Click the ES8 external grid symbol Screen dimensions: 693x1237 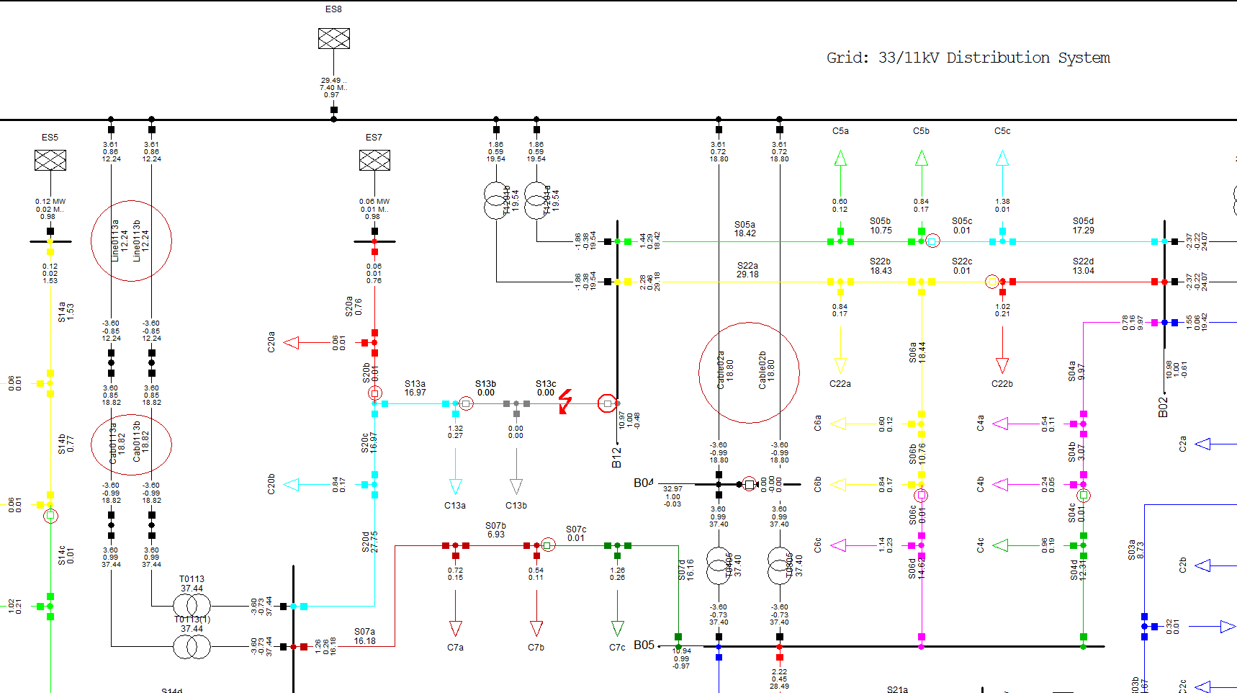point(334,38)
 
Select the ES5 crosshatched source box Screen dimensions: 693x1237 point(50,160)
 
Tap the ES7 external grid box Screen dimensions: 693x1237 point(374,160)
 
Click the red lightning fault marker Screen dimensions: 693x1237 point(565,401)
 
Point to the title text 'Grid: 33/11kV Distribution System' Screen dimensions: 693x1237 point(968,58)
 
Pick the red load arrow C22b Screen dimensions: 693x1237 point(1002,365)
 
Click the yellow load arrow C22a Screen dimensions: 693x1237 point(840,365)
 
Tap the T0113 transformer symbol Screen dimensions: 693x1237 point(192,606)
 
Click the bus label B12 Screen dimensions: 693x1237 point(616,457)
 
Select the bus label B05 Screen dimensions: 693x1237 point(644,645)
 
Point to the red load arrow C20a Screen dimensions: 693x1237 point(292,343)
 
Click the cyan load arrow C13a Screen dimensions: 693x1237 point(455,486)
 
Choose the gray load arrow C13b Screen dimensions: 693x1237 point(516,486)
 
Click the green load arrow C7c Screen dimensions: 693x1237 point(617,627)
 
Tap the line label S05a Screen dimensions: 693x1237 point(745,225)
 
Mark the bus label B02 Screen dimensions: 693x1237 point(1163,407)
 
